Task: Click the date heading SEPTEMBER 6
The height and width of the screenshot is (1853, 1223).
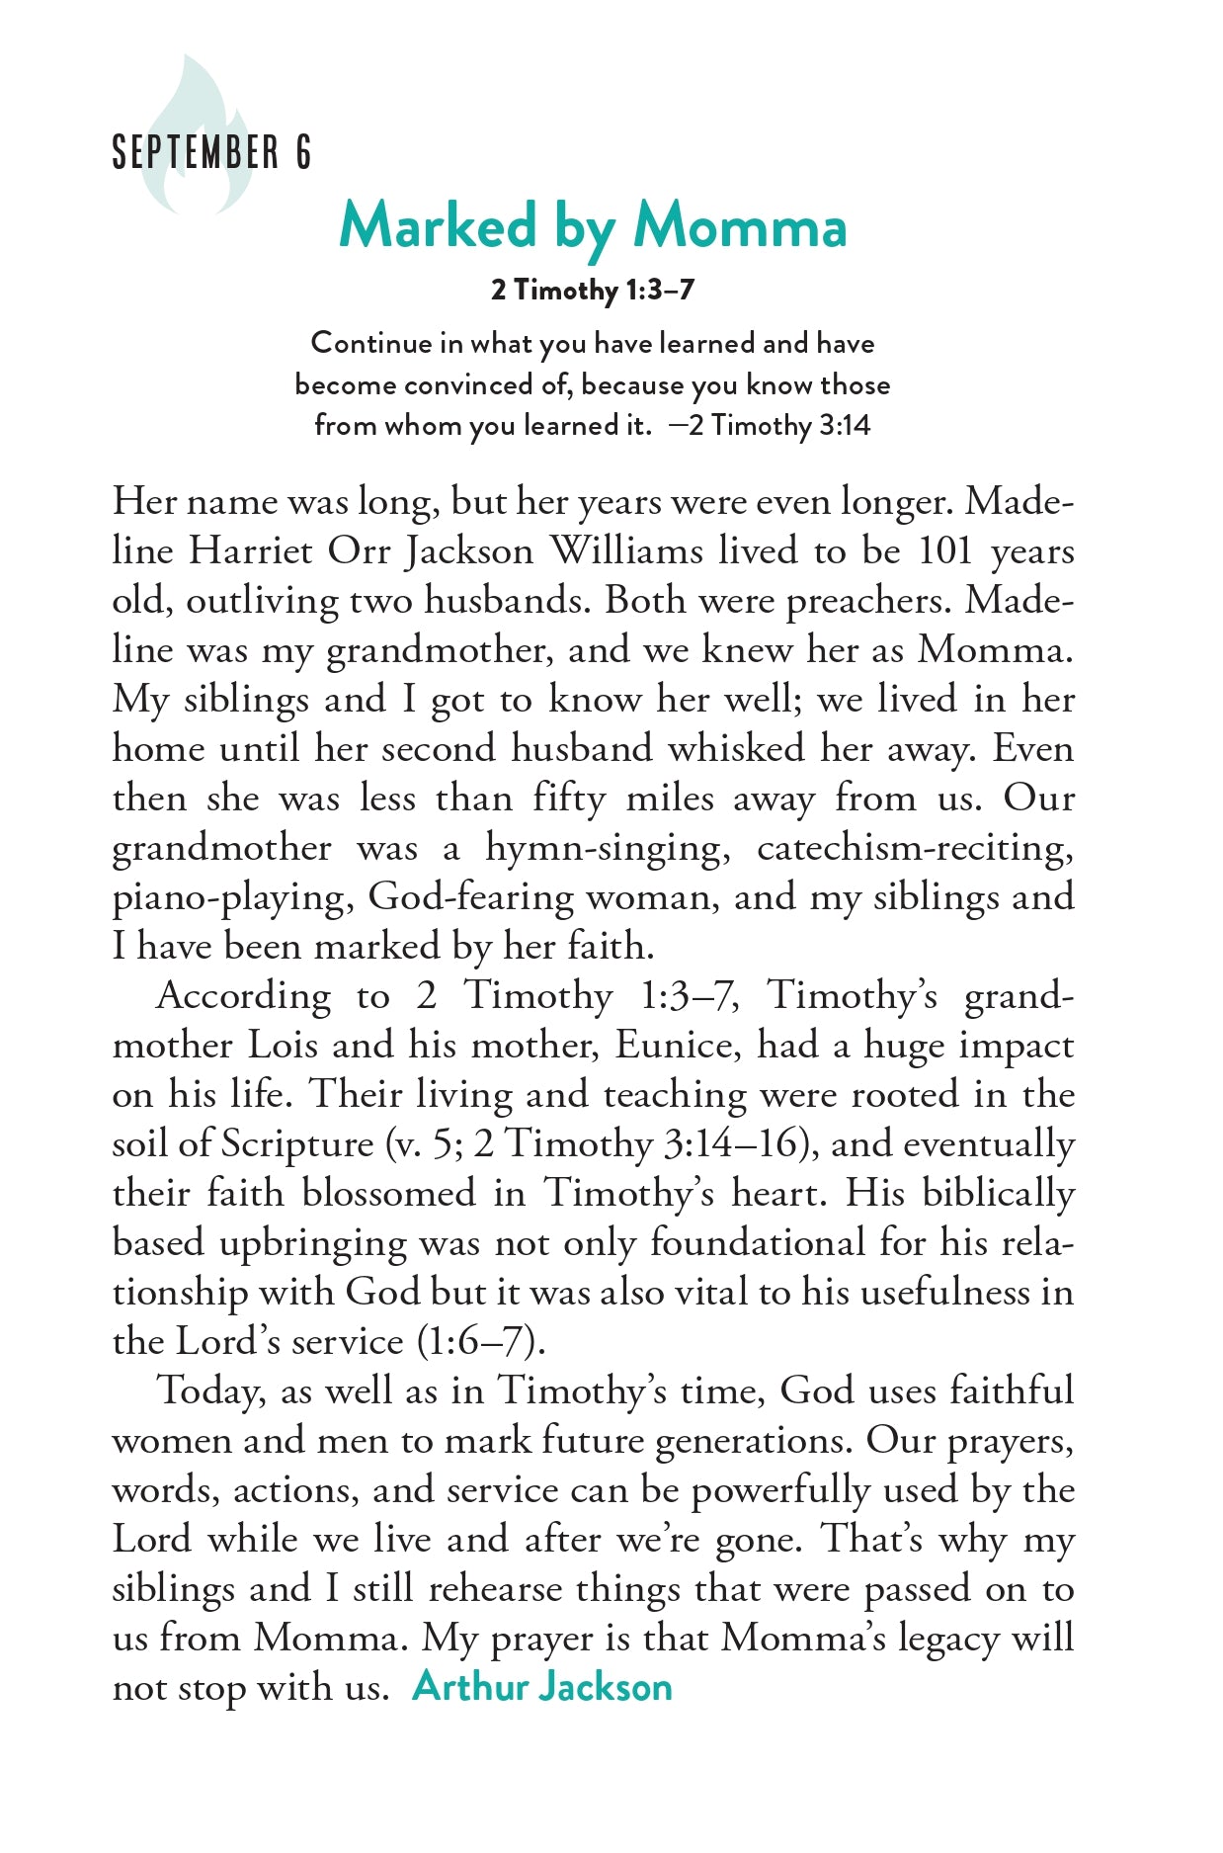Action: (x=211, y=153)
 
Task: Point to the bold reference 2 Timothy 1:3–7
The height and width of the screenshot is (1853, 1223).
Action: (x=593, y=291)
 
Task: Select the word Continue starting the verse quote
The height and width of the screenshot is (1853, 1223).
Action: (x=371, y=343)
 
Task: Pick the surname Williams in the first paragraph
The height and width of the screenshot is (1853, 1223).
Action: (x=625, y=551)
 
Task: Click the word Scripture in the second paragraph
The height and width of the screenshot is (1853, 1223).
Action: (x=296, y=1144)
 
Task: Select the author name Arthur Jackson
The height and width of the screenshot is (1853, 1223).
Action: (x=542, y=1687)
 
